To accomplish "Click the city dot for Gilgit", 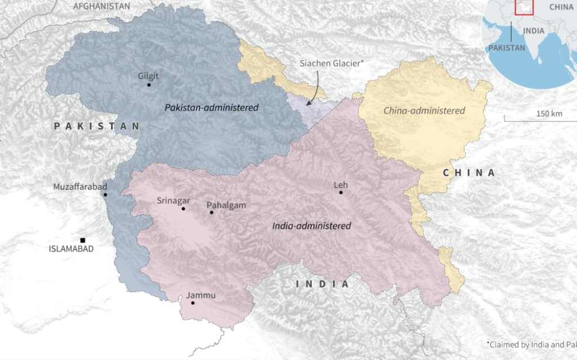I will (149, 85).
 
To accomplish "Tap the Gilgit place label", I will (148, 76).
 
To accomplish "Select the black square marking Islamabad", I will (83, 240).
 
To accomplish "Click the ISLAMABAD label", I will (71, 249).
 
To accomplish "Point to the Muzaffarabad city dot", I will (105, 195).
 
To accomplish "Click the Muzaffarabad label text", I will (80, 186).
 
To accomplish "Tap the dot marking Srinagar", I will (183, 209).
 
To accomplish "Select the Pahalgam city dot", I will (211, 212).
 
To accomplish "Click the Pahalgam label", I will (227, 205).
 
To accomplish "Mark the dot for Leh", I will (340, 193).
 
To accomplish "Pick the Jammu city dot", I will (193, 303).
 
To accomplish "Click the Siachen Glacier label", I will (330, 64).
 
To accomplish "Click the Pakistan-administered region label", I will (211, 107).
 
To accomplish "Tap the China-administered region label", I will (424, 110).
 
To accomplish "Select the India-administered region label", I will (312, 226).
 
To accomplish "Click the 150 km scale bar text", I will (549, 114).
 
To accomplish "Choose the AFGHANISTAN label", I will (101, 6).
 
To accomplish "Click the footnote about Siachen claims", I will (531, 344).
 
